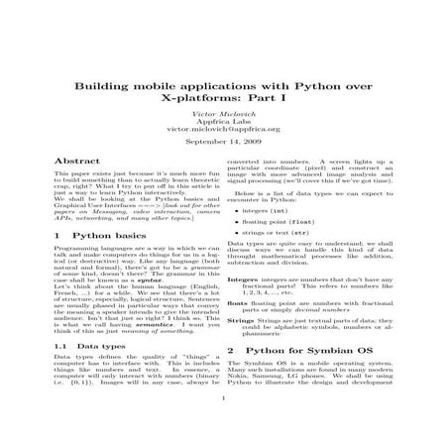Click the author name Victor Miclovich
click(223, 116)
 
